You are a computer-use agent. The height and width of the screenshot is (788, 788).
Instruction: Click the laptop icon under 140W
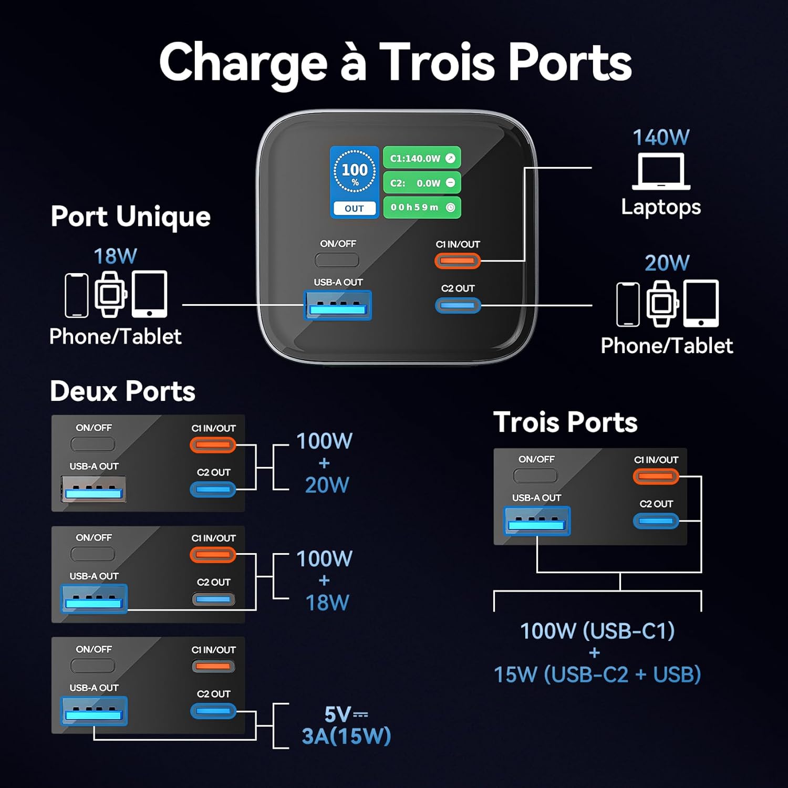tap(661, 171)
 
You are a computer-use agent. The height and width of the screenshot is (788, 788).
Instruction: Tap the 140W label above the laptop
tap(661, 138)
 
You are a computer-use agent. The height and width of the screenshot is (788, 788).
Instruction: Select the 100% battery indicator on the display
tap(355, 172)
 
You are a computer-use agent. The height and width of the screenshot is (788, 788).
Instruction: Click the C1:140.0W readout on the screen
tap(422, 158)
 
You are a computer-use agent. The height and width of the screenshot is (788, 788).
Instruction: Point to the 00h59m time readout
tap(422, 208)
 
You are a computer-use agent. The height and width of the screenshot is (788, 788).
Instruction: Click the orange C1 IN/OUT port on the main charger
tap(458, 261)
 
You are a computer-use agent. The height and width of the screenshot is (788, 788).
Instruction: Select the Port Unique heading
tap(130, 216)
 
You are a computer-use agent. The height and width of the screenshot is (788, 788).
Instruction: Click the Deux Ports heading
tap(122, 391)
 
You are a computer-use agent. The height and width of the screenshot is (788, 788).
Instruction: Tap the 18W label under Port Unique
tap(115, 256)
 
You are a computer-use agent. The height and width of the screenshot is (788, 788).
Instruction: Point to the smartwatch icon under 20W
tap(662, 304)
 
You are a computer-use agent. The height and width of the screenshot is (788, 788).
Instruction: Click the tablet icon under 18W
tap(150, 294)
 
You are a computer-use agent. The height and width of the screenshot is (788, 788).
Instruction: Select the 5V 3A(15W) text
tap(346, 725)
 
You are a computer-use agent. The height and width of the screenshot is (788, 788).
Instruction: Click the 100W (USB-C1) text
tap(597, 631)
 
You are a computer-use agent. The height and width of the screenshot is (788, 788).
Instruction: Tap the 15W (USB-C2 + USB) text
tap(597, 675)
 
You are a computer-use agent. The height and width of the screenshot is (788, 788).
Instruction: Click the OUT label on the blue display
tap(354, 209)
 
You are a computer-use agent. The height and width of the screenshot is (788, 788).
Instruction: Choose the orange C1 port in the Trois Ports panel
tap(656, 476)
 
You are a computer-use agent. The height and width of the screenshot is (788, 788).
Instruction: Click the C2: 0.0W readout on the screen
tap(422, 183)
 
